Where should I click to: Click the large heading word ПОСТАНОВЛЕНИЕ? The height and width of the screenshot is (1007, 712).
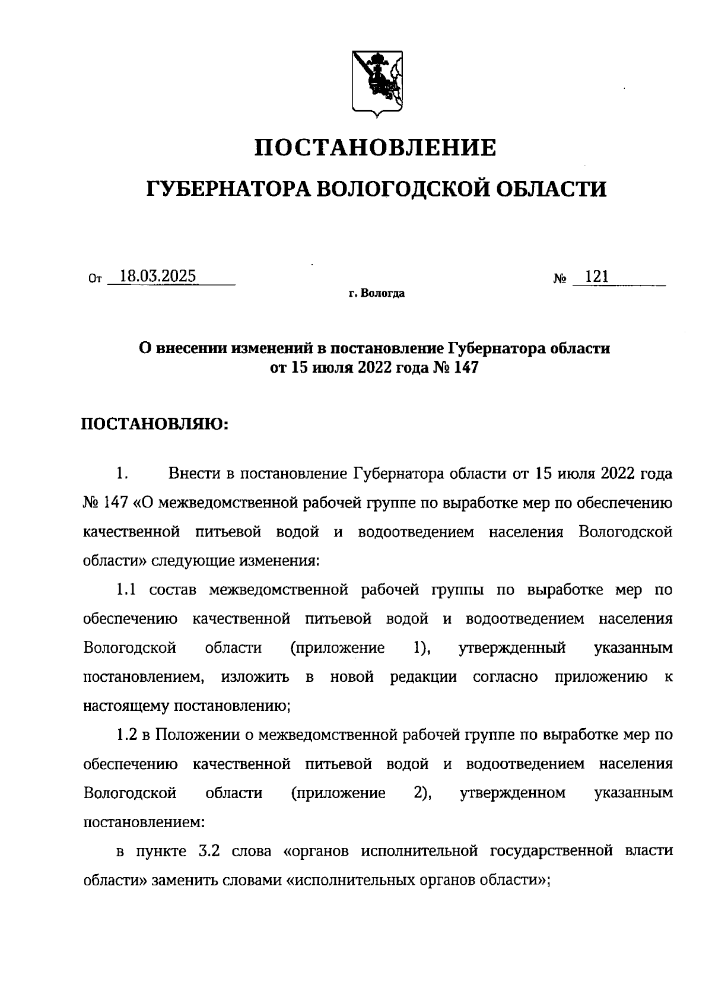click(x=376, y=148)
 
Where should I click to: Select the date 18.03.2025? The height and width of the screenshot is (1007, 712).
click(x=158, y=277)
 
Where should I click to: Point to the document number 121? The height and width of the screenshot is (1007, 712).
click(x=597, y=277)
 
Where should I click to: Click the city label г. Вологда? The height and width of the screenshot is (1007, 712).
click(x=377, y=294)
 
